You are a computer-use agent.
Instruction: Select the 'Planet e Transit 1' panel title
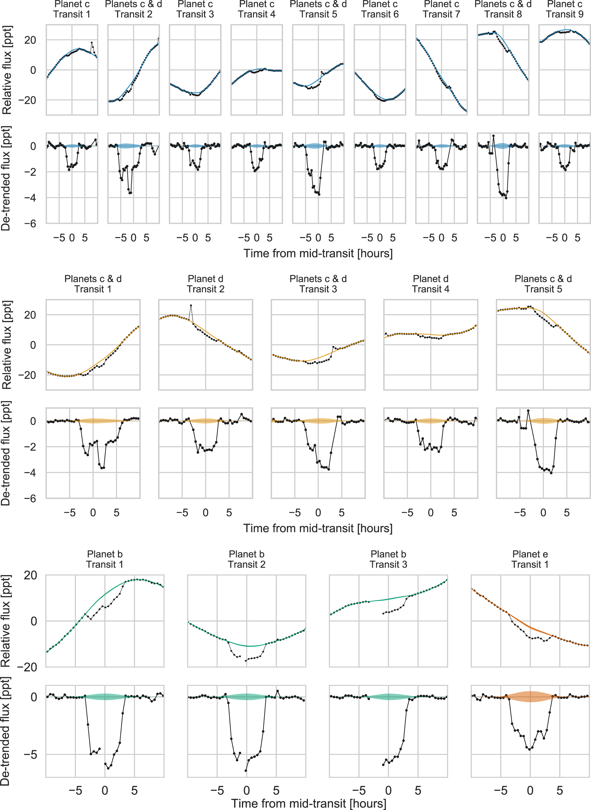530,559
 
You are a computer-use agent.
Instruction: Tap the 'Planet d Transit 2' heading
205,283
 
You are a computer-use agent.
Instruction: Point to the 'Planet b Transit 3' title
388,559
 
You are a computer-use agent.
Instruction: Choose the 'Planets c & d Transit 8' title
503,9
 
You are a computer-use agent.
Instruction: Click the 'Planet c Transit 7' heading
441,9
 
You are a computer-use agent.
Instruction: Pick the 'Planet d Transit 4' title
430,283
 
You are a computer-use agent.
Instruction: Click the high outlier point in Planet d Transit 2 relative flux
191,305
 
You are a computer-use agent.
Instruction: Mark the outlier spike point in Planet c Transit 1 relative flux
92,43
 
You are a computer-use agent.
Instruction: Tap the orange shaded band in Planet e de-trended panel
530,696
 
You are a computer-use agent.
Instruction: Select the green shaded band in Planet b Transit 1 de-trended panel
105,697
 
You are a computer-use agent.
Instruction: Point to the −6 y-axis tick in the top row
30,224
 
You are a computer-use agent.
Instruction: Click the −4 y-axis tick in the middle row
30,472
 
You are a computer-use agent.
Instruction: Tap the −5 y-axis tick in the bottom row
30,754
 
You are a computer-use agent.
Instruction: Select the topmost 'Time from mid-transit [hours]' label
318,253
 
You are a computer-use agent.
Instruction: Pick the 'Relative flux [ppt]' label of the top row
7,70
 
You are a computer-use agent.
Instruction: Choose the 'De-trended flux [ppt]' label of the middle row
6,453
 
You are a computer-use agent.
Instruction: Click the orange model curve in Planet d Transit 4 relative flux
430,334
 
